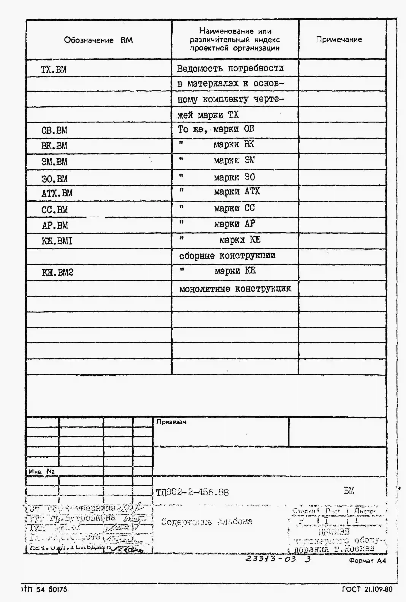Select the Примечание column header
tap(339, 39)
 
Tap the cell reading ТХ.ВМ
tap(54, 69)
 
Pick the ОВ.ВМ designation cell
tap(54, 130)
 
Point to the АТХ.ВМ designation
tap(57, 193)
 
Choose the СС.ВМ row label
tap(55, 210)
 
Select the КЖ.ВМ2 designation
tap(57, 272)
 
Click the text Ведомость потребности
tap(230, 68)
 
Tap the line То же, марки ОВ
tap(216, 129)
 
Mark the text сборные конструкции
tap(227, 256)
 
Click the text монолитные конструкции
tap(235, 288)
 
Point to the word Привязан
tap(171, 422)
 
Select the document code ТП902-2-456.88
tap(192, 492)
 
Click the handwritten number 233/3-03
tap(271, 559)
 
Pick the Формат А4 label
tap(367, 561)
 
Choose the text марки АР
tap(234, 224)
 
